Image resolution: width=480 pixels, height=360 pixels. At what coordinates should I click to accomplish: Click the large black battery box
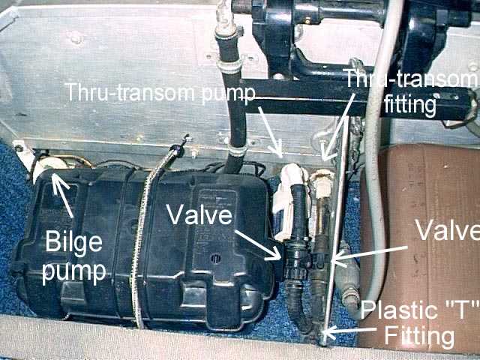tap(142, 247)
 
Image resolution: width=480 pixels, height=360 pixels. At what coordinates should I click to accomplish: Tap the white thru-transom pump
tap(289, 199)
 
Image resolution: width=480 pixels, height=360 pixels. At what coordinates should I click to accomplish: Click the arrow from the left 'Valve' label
tap(259, 239)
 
